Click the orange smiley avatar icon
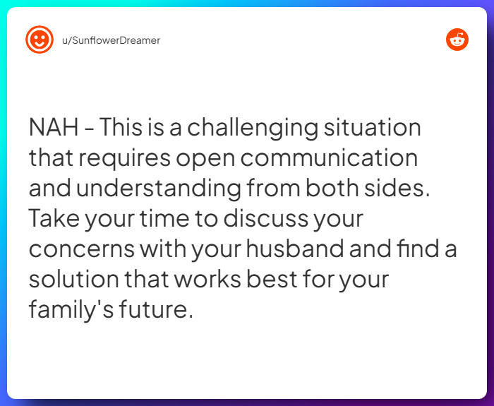point(39,40)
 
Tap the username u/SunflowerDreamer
point(111,40)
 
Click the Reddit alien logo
point(457,40)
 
